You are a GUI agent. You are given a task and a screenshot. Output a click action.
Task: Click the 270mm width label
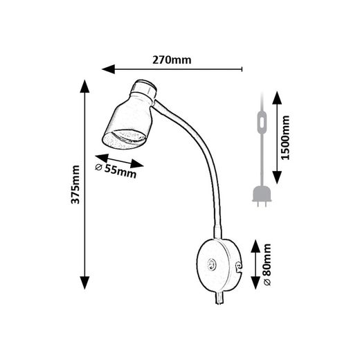[x=172, y=60]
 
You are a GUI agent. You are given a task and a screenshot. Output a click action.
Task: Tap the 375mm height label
[x=75, y=185]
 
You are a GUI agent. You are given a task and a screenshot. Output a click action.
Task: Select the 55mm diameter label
[x=116, y=170]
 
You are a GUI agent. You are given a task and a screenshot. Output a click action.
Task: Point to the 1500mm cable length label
[x=285, y=138]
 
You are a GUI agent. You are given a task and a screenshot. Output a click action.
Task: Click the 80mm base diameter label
[x=267, y=264]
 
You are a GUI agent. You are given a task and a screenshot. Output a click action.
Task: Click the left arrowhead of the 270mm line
[x=109, y=69]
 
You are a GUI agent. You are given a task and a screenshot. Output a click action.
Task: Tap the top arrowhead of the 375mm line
[x=84, y=86]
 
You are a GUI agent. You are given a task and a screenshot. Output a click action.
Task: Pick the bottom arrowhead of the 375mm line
[x=84, y=283]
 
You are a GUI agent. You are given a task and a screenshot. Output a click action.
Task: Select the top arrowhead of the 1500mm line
[x=277, y=98]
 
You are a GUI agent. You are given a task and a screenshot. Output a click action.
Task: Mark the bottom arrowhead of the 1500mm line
[x=277, y=177]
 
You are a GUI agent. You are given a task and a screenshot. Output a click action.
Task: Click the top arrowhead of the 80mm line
[x=255, y=246]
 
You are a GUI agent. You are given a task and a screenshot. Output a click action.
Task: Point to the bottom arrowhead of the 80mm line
[x=255, y=282]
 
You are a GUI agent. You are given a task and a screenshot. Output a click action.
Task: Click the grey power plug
[x=262, y=196]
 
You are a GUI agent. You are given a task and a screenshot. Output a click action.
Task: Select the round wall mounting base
[x=219, y=265]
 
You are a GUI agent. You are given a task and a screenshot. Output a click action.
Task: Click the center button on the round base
[x=212, y=264]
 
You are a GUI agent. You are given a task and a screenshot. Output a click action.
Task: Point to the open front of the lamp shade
[x=125, y=140]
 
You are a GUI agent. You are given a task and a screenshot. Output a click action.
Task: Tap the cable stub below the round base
[x=219, y=298]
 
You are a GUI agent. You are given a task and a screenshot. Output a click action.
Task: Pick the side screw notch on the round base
[x=239, y=267]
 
